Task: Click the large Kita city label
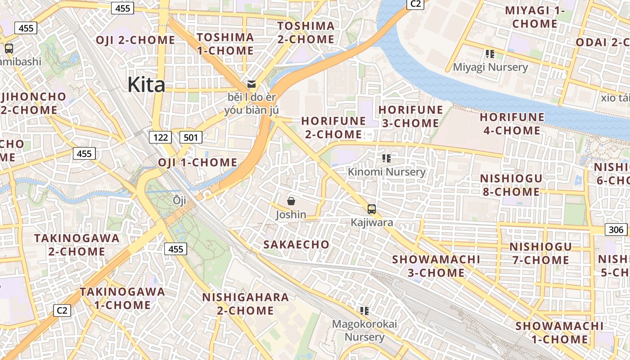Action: (x=146, y=85)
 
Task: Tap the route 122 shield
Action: (x=160, y=137)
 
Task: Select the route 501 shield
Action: (x=190, y=137)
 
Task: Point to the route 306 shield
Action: (x=616, y=229)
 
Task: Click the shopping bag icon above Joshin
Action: (x=291, y=201)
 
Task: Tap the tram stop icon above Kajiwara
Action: (x=372, y=209)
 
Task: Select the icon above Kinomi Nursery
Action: (x=386, y=158)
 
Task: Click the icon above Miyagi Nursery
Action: (x=490, y=54)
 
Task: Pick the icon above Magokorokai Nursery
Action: (x=364, y=310)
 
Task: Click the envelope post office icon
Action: (x=251, y=84)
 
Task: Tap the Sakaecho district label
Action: (x=296, y=245)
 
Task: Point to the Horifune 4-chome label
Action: (x=512, y=124)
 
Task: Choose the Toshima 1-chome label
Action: (x=225, y=44)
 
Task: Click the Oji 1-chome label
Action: (x=198, y=162)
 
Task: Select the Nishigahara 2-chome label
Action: (x=245, y=304)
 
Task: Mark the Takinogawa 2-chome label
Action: (x=77, y=244)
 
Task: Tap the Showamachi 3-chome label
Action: (x=436, y=266)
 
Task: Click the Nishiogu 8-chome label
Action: (x=511, y=185)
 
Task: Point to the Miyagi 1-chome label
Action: (x=535, y=17)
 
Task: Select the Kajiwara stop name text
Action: (x=372, y=222)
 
